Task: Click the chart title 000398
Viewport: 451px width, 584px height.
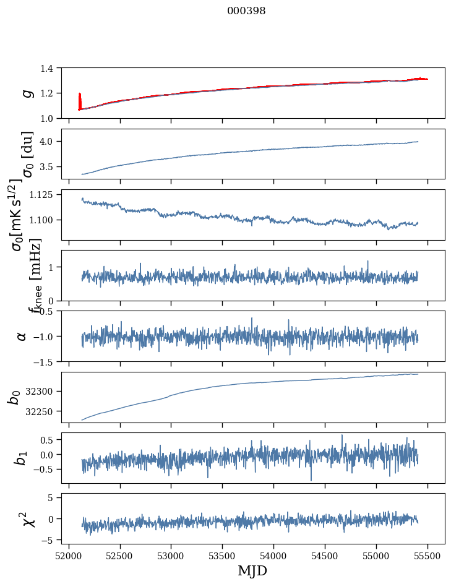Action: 246,11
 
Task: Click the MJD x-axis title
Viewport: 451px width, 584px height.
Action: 252,571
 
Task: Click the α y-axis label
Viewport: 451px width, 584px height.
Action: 22,336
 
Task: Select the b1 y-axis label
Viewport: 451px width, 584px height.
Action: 22,458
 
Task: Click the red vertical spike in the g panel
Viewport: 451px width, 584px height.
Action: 80,101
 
